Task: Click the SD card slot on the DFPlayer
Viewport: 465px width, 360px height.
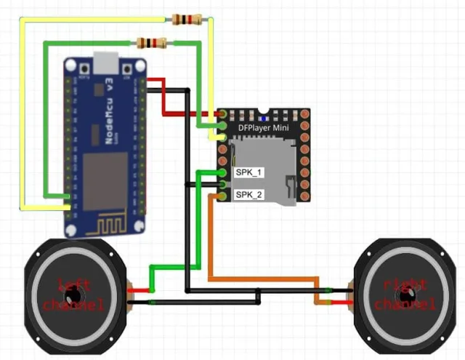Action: click(x=265, y=171)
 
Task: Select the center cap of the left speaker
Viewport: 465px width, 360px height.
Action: click(x=73, y=295)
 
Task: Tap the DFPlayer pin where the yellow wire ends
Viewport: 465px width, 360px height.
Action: click(x=222, y=137)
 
